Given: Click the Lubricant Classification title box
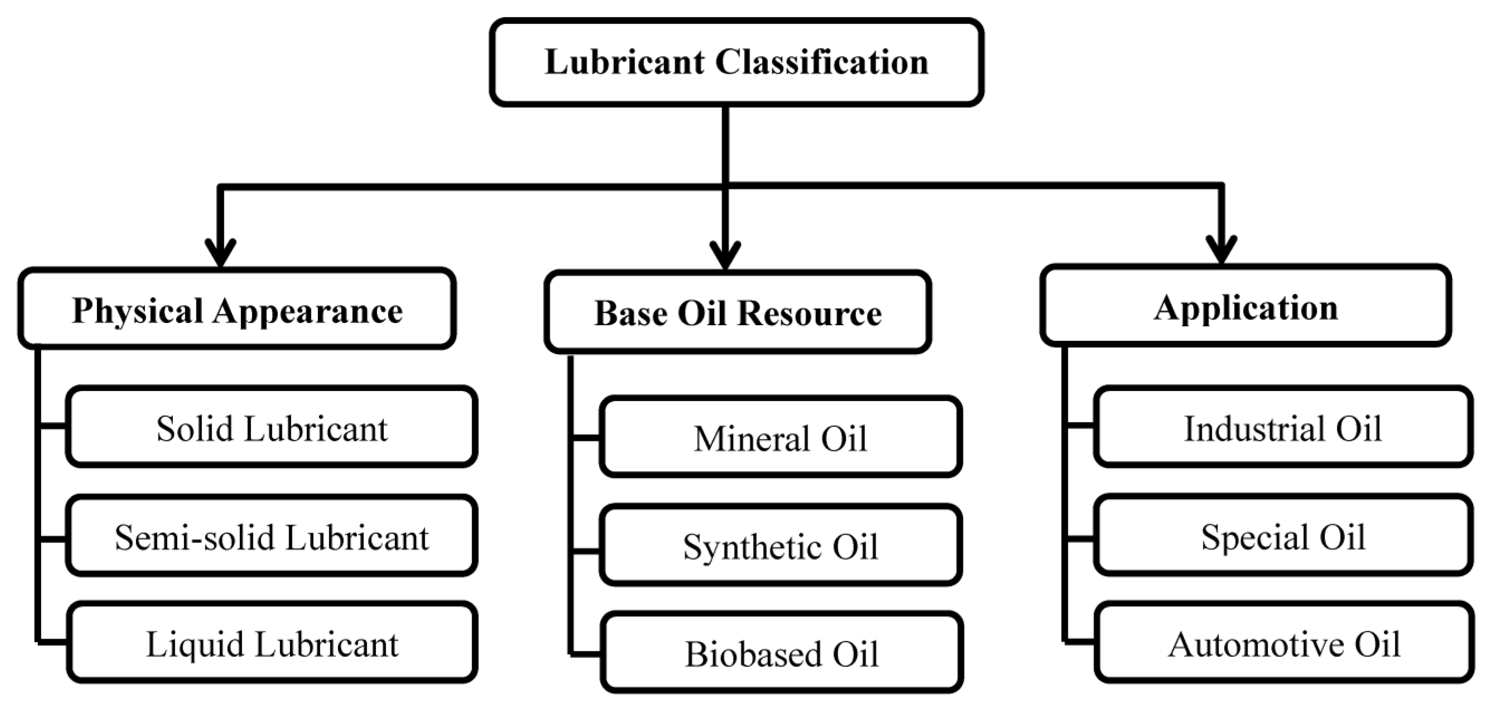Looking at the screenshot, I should [736, 62].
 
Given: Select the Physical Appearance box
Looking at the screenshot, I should [237, 309].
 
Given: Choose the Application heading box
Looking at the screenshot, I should [1245, 306].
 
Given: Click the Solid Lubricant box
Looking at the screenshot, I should [271, 427].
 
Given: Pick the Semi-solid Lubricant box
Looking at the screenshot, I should [271, 536].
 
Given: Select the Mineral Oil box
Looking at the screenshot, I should [780, 437].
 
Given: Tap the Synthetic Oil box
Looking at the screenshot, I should [780, 546].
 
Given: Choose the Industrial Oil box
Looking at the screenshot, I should [1282, 427].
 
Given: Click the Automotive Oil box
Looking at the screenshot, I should [1283, 643].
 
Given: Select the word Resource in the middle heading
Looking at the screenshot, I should [809, 313].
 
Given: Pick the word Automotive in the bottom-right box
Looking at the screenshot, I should [1254, 644].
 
